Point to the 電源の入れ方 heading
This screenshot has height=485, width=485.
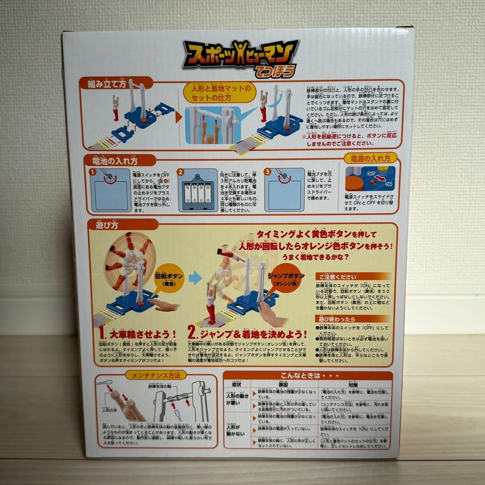coord(371,159)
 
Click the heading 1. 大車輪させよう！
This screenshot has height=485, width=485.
coord(137,335)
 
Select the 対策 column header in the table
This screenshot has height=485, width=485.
coord(353,384)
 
